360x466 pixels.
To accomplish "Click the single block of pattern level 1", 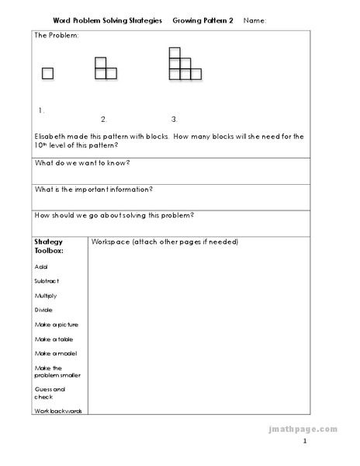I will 48,74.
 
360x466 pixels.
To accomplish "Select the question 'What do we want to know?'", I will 81,162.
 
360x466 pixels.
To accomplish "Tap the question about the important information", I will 93,189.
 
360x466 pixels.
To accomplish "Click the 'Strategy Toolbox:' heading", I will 49,246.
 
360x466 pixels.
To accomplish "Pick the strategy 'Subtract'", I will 47,280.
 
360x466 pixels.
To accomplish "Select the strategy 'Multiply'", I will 46,295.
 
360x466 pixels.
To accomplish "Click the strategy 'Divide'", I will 43,310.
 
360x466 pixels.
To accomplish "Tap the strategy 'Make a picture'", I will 56,324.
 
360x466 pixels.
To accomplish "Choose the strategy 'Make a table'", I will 53,339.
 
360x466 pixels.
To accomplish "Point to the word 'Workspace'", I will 109,242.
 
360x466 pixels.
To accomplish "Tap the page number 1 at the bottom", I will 305,442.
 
